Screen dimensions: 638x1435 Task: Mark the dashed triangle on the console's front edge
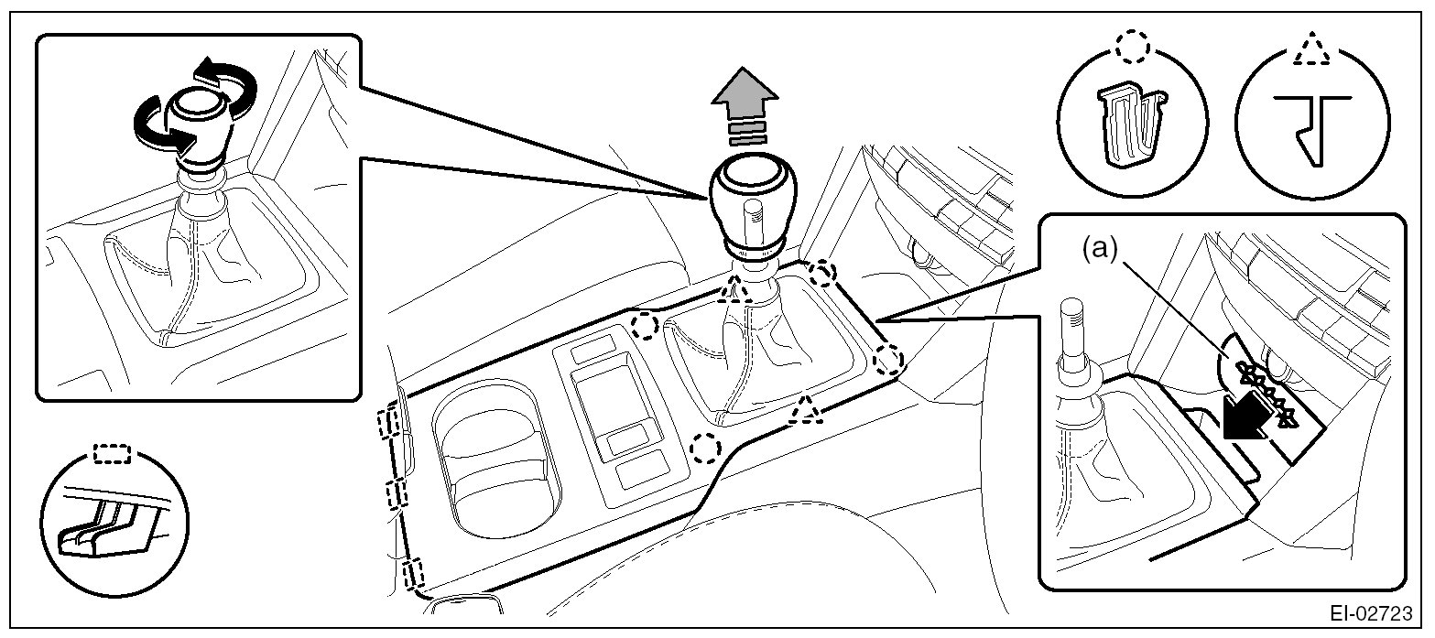pos(806,410)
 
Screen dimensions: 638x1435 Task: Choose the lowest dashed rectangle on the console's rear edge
pos(413,573)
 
